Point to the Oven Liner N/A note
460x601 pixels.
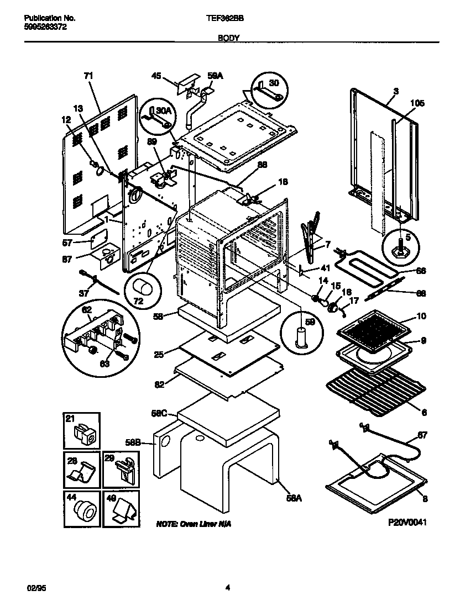[x=185, y=523]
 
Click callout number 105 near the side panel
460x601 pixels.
[x=417, y=103]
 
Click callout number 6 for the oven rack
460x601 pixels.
[x=424, y=412]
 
